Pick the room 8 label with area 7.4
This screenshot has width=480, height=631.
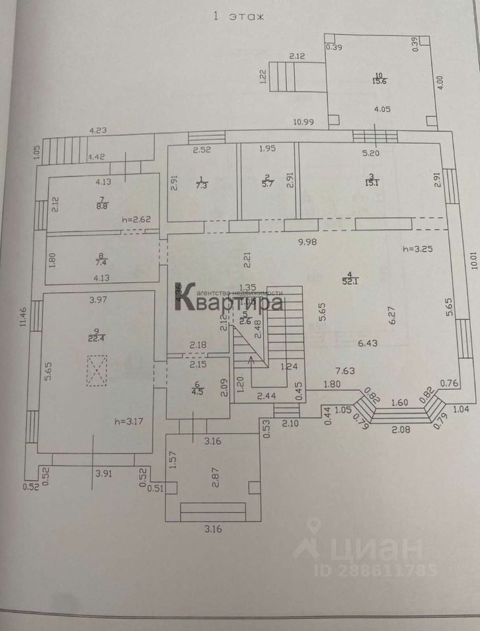click(x=101, y=260)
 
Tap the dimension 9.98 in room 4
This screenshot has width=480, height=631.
click(x=308, y=242)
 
